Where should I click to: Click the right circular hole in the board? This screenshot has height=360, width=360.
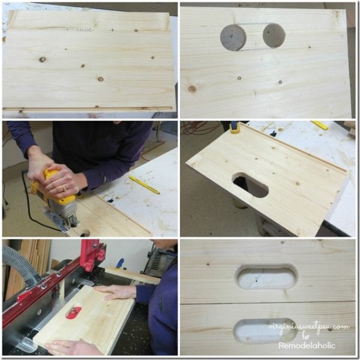pyautogui.click(x=274, y=35)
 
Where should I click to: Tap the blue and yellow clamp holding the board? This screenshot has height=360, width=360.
pyautogui.click(x=235, y=127)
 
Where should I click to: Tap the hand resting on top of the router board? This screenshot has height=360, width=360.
pyautogui.click(x=115, y=292)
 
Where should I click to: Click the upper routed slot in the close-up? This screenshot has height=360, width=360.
pyautogui.click(x=267, y=278)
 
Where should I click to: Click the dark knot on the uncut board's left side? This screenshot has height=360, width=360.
pyautogui.click(x=42, y=59)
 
